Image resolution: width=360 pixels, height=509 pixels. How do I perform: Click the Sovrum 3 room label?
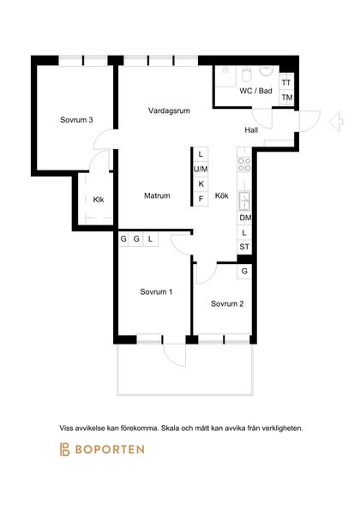[76, 120]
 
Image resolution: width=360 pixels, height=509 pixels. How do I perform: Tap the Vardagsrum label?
[169, 111]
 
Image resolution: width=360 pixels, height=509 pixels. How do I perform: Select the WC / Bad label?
[255, 91]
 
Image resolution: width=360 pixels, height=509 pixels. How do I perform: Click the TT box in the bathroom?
[286, 82]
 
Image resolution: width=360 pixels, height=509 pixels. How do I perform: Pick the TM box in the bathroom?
[286, 98]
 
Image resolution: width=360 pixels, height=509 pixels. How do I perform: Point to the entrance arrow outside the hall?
[336, 122]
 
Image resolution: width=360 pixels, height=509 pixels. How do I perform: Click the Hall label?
[251, 130]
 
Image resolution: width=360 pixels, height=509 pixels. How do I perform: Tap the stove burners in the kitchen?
[244, 165]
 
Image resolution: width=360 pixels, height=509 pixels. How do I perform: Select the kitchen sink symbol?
[244, 201]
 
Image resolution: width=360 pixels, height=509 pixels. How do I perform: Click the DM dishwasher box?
[245, 218]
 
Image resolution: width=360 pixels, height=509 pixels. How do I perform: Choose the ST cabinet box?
[244, 247]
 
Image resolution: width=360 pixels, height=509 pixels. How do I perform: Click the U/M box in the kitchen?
[201, 169]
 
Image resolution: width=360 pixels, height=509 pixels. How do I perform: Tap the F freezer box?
[201, 199]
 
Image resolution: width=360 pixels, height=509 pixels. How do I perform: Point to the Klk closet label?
[99, 200]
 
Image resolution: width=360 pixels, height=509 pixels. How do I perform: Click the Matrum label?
[157, 195]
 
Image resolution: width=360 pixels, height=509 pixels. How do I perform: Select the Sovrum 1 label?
[156, 292]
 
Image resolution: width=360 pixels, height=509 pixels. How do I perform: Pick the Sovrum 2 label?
[227, 304]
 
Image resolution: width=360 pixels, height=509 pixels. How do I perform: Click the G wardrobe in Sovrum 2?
[244, 271]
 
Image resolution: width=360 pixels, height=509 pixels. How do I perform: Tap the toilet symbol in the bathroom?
[247, 75]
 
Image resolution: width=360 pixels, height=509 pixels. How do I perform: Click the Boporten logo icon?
[64, 449]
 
